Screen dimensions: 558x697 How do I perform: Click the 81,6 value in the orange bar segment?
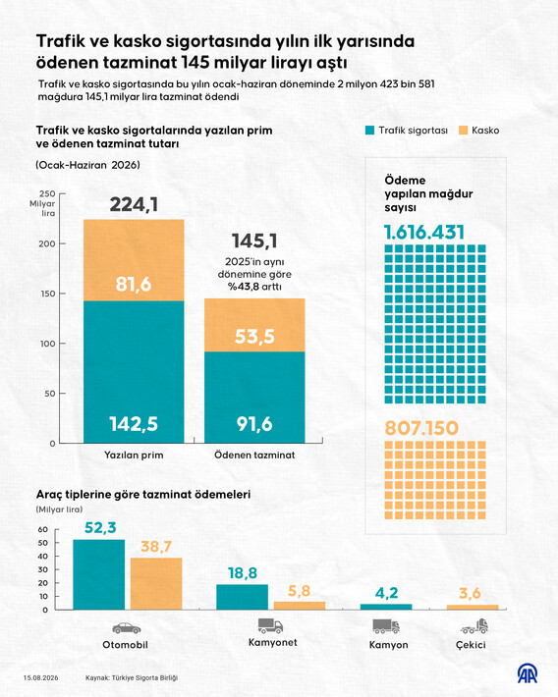134,284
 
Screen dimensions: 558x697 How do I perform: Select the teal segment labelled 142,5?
134,372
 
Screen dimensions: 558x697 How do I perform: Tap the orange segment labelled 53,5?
254,325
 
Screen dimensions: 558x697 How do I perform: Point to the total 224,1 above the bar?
134,205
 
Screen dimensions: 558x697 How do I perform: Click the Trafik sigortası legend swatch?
369,131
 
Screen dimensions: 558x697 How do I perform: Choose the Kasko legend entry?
478,131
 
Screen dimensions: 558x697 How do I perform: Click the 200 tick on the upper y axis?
47,243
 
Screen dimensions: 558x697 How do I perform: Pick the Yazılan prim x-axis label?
134,456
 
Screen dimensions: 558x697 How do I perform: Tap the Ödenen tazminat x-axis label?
254,456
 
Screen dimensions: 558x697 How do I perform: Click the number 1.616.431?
424,232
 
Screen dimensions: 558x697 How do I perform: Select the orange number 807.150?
421,428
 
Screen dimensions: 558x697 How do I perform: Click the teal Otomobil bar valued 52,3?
99,574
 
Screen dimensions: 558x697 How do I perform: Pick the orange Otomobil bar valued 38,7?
156,584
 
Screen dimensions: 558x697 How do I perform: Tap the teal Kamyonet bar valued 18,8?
242,597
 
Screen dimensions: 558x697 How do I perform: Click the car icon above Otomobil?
127,628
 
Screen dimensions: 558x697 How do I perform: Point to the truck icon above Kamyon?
386,626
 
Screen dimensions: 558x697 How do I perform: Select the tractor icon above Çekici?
474,626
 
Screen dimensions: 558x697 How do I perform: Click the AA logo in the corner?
527,673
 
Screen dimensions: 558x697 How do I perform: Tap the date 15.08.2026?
41,678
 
